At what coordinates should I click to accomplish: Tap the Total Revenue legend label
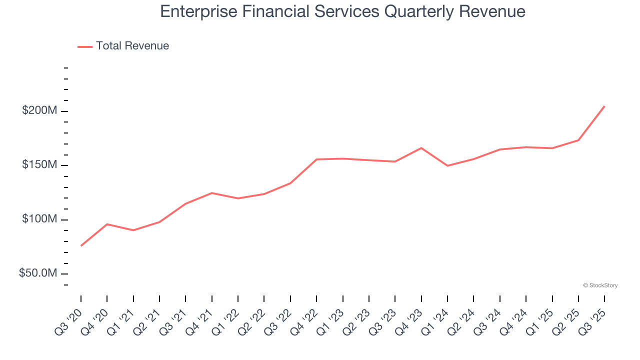tap(132, 46)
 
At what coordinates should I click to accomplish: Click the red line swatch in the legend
tap(85, 46)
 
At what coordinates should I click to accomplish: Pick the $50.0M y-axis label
tap(37, 274)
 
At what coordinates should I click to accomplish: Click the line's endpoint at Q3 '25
tap(604, 106)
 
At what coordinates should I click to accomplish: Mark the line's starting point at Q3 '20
tap(81, 245)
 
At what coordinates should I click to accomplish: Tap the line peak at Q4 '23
tap(421, 148)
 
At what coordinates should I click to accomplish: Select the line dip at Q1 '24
tap(447, 165)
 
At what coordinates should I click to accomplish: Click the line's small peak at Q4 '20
tap(107, 224)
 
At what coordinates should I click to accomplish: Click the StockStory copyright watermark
tap(600, 285)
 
